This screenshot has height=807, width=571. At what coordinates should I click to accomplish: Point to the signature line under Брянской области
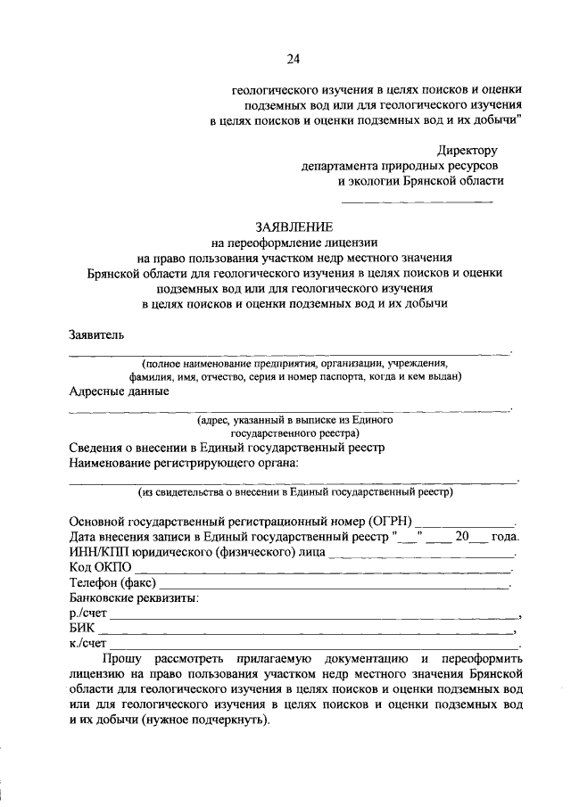click(418, 200)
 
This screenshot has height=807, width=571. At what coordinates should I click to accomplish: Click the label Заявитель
click(97, 335)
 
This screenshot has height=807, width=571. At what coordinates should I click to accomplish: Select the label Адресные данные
click(119, 391)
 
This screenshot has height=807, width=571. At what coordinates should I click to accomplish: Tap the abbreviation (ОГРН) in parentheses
click(389, 521)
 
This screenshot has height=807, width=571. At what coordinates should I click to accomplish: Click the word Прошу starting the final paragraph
click(122, 658)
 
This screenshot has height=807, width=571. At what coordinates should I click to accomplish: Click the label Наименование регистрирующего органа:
click(184, 462)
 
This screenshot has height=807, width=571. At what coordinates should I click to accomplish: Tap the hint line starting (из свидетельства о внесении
click(294, 491)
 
